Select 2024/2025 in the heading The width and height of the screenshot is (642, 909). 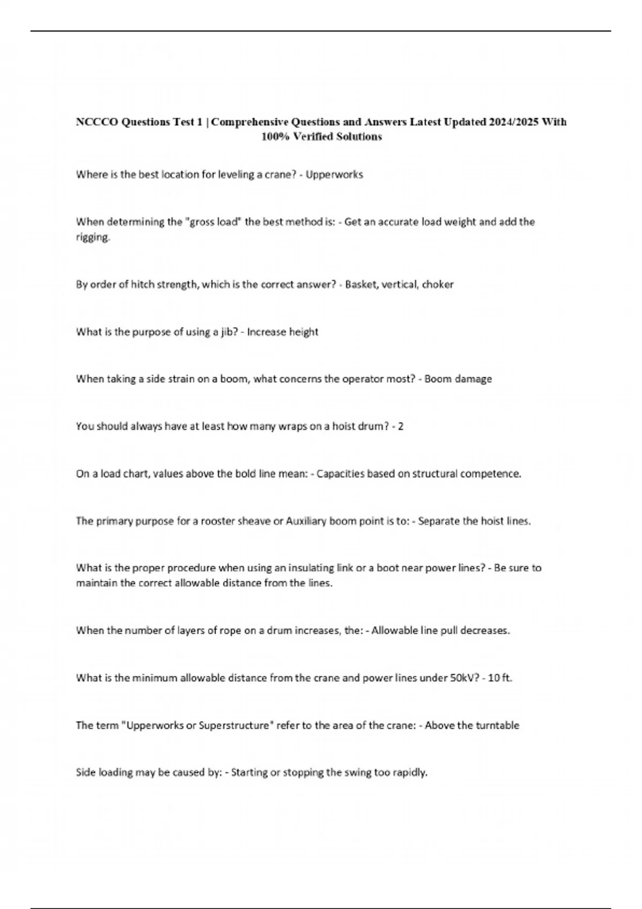pyautogui.click(x=514, y=122)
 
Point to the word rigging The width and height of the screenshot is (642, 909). pyautogui.click(x=93, y=237)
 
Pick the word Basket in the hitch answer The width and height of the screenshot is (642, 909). pyautogui.click(x=362, y=284)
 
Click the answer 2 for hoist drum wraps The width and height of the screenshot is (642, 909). pyautogui.click(x=401, y=427)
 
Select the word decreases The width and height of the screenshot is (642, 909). pyautogui.click(x=485, y=631)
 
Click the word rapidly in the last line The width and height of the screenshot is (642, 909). pyautogui.click(x=410, y=773)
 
